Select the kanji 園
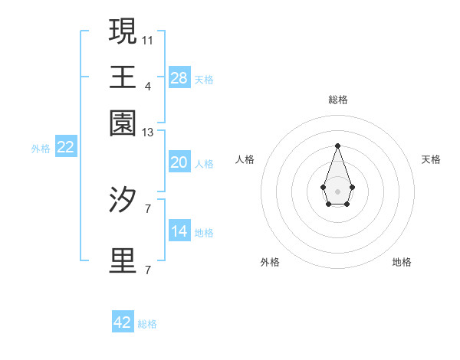pos(123,122)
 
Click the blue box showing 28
pos(179,77)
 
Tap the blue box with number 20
pos(179,162)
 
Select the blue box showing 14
pos(179,231)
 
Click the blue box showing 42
pos(123,322)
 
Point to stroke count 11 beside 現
pos(148,39)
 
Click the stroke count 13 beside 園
pos(148,133)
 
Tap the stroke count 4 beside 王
pos(148,86)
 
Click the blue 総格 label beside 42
pos(147,324)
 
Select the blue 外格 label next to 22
pos(40,149)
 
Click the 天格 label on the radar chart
pos(431,159)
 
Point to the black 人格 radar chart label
pos(245,159)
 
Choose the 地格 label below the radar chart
pos(402,262)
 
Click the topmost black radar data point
pos(337,146)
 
